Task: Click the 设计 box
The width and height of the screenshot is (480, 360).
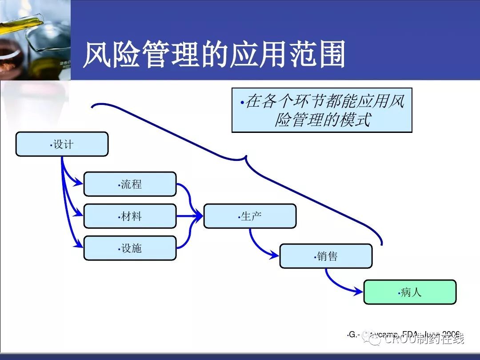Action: (x=62, y=144)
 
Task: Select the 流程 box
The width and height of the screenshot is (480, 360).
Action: (x=130, y=184)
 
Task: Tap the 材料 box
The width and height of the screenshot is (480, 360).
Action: (x=130, y=216)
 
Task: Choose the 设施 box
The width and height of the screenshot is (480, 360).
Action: (x=130, y=248)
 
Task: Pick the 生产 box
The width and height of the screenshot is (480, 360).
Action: (x=250, y=216)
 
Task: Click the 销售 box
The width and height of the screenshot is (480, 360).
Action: (x=326, y=256)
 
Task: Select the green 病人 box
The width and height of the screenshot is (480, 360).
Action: (x=410, y=292)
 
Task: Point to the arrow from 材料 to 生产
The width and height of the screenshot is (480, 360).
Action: (x=189, y=216)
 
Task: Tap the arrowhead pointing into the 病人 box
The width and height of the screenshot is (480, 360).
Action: (x=359, y=292)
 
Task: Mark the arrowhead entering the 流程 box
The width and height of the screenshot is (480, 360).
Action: (x=79, y=182)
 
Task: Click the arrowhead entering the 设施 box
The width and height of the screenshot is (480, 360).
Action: (x=79, y=244)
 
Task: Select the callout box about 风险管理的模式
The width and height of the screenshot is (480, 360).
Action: (x=322, y=110)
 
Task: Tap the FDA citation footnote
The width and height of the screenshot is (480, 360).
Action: (x=402, y=334)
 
